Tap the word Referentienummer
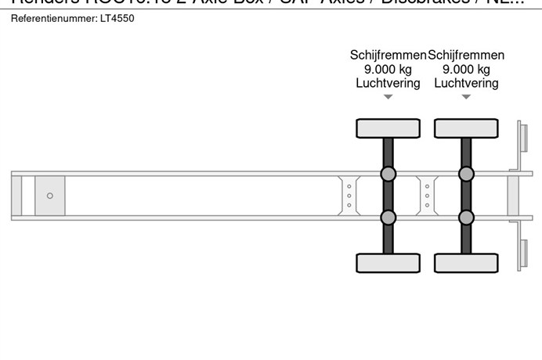point(54,18)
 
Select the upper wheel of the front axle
point(388,128)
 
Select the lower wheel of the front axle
point(388,263)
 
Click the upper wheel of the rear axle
point(466,128)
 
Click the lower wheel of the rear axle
point(466,263)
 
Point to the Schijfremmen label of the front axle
point(388,55)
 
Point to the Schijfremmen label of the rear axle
point(467,55)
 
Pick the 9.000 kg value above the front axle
point(388,69)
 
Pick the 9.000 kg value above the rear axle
point(467,69)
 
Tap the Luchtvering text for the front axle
point(388,83)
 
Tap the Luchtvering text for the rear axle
point(467,83)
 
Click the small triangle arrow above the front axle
point(388,98)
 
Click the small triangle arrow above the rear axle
point(466,98)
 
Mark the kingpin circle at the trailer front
point(50,196)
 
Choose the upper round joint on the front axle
point(388,174)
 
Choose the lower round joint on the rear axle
point(466,217)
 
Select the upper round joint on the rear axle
point(466,174)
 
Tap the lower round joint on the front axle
point(388,217)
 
